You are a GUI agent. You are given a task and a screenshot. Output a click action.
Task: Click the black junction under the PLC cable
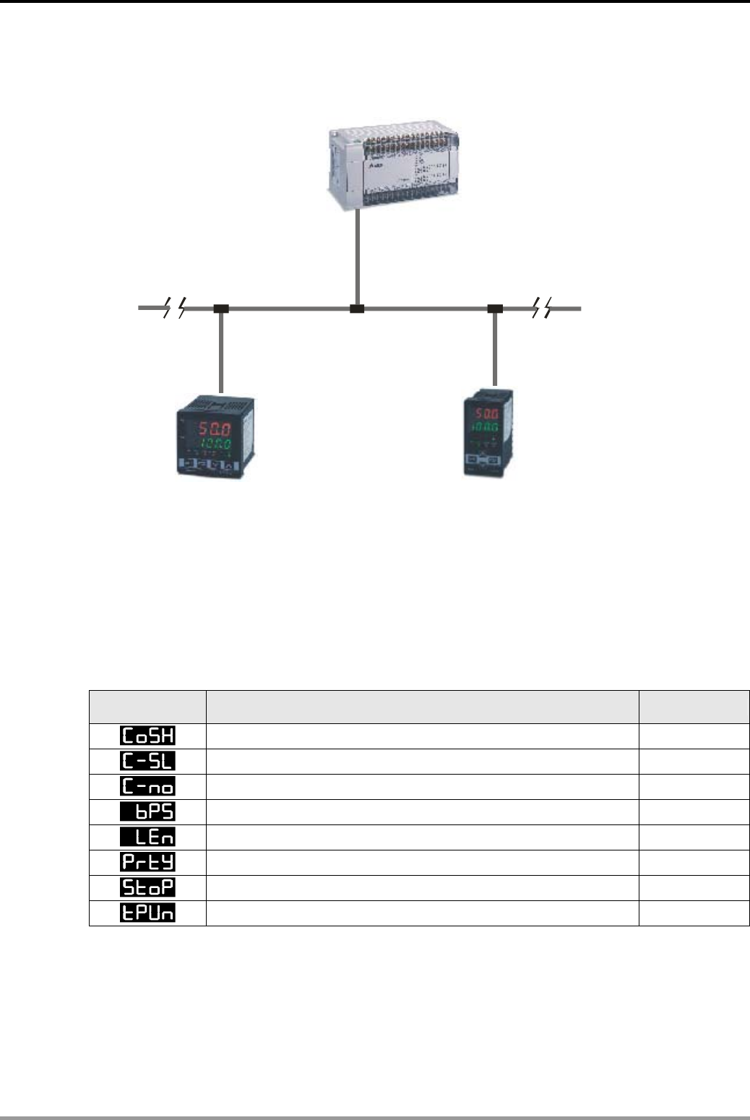pyautogui.click(x=357, y=309)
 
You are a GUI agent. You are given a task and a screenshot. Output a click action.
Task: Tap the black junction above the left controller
pyautogui.click(x=221, y=309)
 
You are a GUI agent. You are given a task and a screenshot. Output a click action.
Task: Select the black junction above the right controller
pyautogui.click(x=495, y=309)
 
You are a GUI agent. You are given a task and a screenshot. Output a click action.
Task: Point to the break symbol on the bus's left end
pyautogui.click(x=174, y=309)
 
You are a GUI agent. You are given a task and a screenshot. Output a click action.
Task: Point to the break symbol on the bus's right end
pyautogui.click(x=541, y=309)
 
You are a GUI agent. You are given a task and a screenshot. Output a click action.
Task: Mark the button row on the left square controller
pyautogui.click(x=212, y=464)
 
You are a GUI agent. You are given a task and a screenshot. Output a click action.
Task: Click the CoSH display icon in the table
pyautogui.click(x=147, y=736)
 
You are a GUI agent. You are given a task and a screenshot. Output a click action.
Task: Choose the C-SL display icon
pyautogui.click(x=147, y=762)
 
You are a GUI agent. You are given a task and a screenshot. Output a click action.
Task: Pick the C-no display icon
pyautogui.click(x=147, y=787)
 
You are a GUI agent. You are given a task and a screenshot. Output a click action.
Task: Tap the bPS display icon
pyautogui.click(x=147, y=812)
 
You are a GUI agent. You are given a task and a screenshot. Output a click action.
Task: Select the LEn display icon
pyautogui.click(x=147, y=837)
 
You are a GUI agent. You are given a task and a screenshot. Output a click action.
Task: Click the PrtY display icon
pyautogui.click(x=147, y=863)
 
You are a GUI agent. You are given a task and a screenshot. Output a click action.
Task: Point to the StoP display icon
pyautogui.click(x=147, y=888)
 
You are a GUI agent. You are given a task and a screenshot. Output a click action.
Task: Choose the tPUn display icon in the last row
pyautogui.click(x=147, y=913)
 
